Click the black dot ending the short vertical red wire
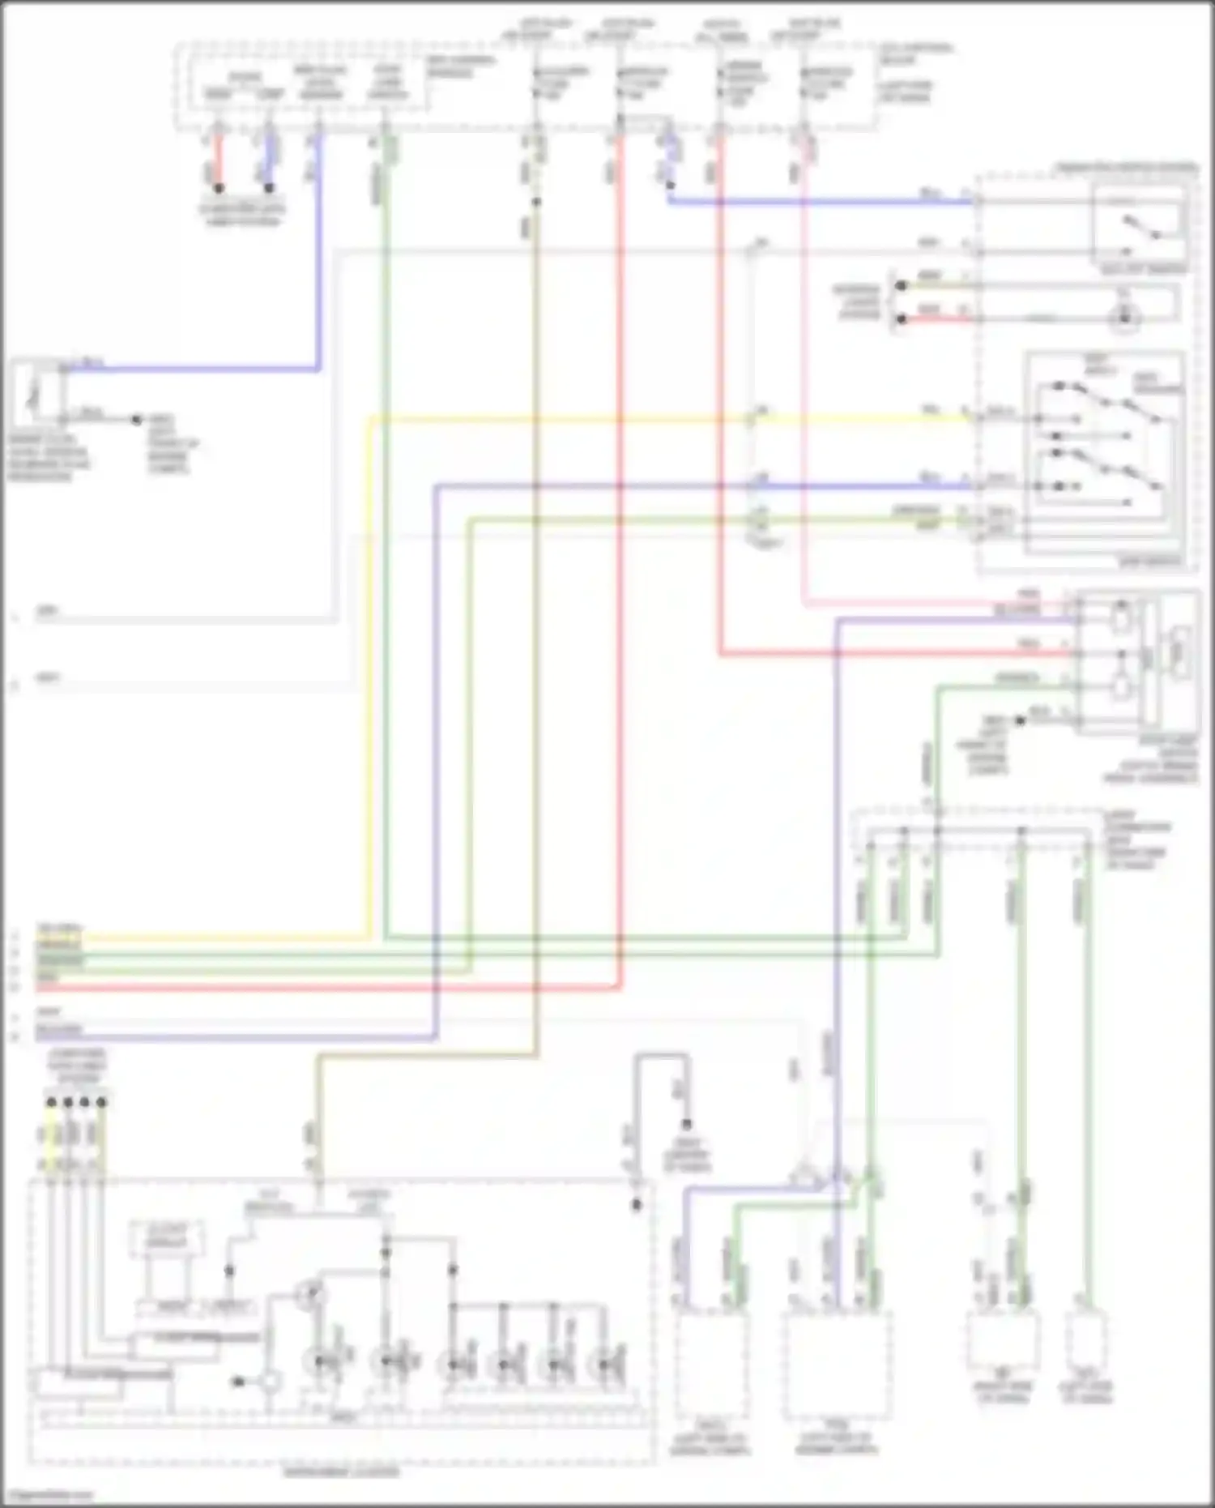[x=219, y=188]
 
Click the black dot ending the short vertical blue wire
[x=269, y=188]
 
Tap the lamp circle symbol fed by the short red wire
[x=1123, y=319]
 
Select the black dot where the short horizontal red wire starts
[x=901, y=319]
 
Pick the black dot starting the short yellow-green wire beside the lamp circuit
[x=901, y=285]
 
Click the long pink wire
[x=804, y=405]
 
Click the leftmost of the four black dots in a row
[x=51, y=1102]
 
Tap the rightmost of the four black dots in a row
[x=102, y=1102]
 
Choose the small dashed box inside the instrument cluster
[x=166, y=1241]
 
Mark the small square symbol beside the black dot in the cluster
[x=270, y=1382]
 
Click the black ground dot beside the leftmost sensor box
[x=136, y=420]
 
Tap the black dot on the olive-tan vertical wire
[x=535, y=202]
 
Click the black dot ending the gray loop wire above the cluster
[x=687, y=1124]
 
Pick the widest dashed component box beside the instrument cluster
[x=838, y=1366]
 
